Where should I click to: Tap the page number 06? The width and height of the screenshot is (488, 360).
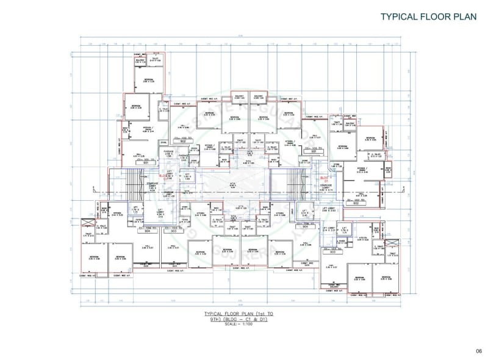click(478, 350)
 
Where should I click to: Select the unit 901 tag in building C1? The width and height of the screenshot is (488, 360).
click(146, 164)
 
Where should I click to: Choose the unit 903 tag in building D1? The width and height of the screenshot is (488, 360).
click(330, 251)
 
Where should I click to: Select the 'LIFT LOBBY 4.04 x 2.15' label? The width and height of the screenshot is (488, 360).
click(160, 213)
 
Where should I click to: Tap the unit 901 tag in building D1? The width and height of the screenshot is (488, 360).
click(314, 150)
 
